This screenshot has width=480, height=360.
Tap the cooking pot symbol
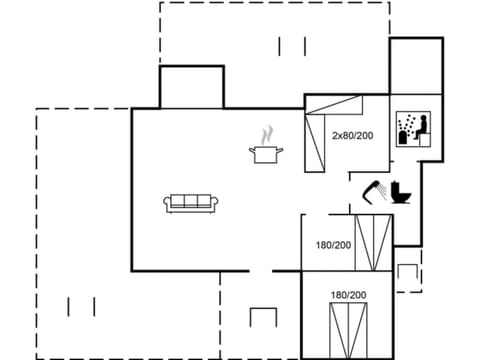click(x=266, y=153)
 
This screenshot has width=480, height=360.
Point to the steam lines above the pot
click(x=266, y=134)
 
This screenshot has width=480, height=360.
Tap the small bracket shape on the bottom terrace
click(x=263, y=317)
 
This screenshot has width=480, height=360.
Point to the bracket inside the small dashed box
click(x=407, y=271)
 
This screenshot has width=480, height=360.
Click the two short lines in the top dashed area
click(x=292, y=45)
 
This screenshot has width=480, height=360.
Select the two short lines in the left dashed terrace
click(x=80, y=305)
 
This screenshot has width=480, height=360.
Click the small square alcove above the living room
click(x=191, y=87)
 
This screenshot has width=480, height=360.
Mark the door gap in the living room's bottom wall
click(x=260, y=270)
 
